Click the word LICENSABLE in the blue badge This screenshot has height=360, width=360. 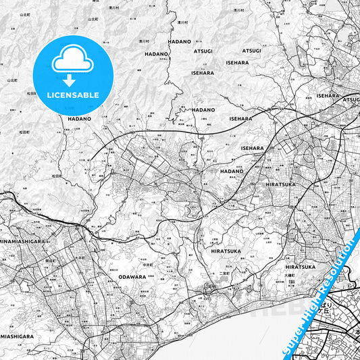point(73,95)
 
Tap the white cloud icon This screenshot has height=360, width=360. point(72,61)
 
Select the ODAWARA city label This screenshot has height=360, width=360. point(132,276)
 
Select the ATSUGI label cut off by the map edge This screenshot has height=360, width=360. point(351,99)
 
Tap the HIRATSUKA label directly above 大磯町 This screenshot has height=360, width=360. point(301,267)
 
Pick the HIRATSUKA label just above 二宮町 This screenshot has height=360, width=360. point(226,251)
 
